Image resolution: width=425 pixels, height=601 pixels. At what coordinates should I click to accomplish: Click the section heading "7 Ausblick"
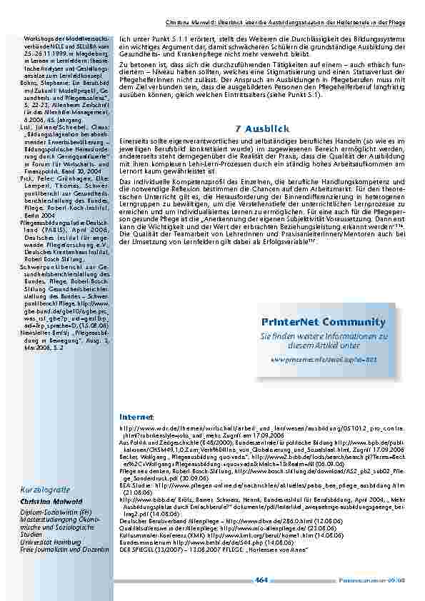pos(261,128)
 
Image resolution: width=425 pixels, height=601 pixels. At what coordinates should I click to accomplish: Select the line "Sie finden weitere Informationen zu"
pos(324,335)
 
